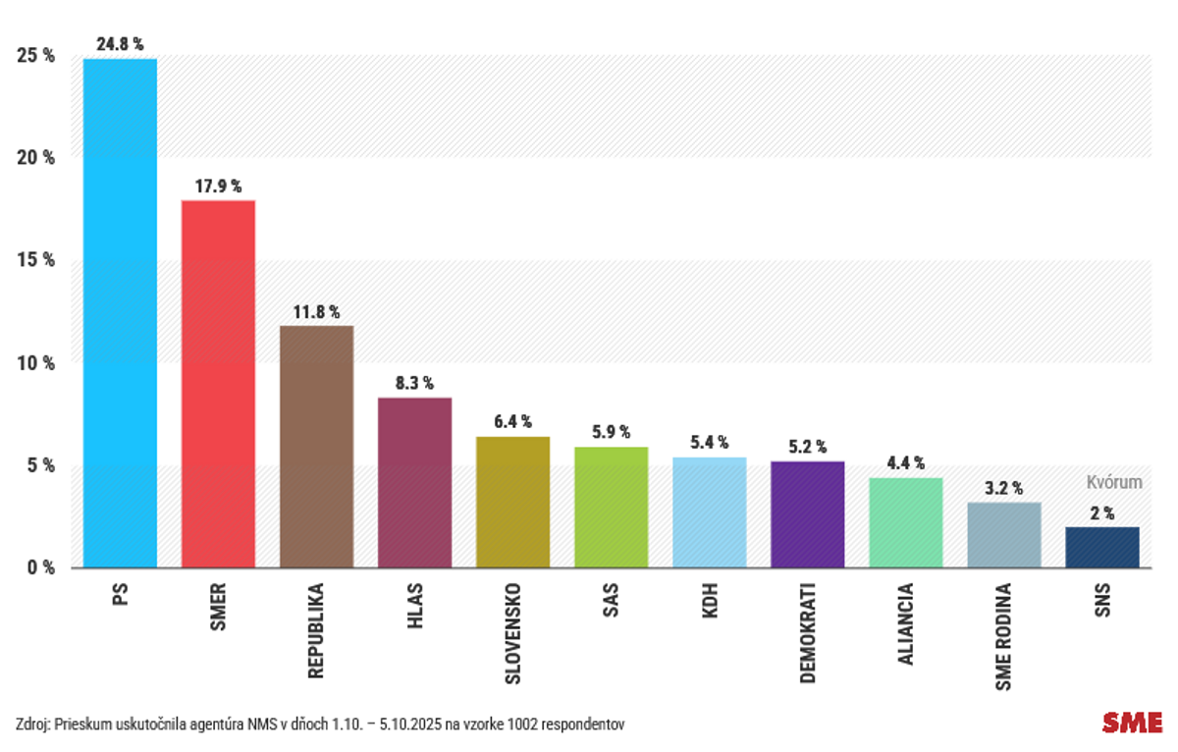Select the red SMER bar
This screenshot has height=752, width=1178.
point(218,383)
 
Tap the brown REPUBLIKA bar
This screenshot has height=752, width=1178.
point(316,446)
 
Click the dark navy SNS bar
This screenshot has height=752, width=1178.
point(1102,547)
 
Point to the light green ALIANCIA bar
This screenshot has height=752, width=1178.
point(905,522)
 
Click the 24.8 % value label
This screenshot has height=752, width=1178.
point(120,44)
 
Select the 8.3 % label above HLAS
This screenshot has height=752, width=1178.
point(414,383)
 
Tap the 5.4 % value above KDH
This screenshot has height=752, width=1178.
point(709,443)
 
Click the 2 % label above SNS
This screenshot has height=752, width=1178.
point(1102,512)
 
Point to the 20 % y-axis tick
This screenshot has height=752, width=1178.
point(35,157)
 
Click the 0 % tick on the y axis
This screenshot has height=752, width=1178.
point(39,567)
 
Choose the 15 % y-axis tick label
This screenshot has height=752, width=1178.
point(35,260)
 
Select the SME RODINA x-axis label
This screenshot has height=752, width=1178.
point(1003,635)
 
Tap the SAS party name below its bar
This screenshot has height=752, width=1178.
point(611,600)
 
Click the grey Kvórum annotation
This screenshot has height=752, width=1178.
point(1114,482)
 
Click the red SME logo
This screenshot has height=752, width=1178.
point(1132,723)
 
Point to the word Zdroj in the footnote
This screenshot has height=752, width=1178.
point(33,725)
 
